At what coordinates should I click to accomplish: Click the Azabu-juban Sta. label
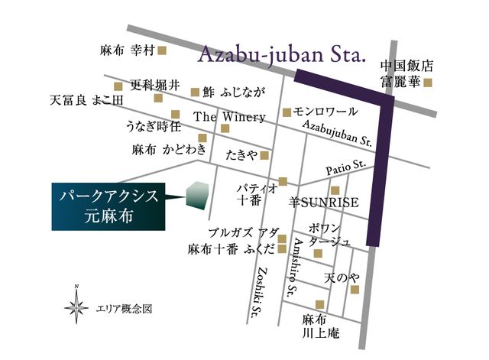pos(283,55)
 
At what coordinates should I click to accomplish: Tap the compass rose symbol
pos(76,308)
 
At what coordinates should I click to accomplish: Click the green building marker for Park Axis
pos(197,196)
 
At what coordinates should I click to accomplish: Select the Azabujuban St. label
pos(336,135)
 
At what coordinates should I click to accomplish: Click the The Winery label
pos(230,117)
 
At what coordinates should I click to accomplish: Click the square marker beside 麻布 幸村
pos(162,51)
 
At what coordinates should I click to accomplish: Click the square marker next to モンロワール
pos(287,112)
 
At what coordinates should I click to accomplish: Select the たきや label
pos(241,155)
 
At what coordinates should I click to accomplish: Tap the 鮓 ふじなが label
pos(234,92)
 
